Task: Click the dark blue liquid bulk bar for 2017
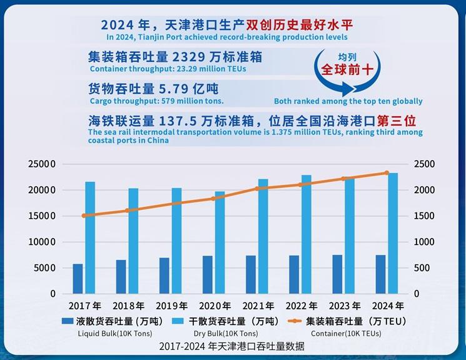[78, 279]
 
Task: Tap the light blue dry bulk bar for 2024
[392, 233]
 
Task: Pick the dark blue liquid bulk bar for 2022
[294, 274]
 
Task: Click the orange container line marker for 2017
[84, 216]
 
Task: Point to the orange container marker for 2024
[386, 173]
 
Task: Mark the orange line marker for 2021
[256, 188]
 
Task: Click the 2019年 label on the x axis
[171, 306]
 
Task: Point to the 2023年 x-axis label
[343, 306]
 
